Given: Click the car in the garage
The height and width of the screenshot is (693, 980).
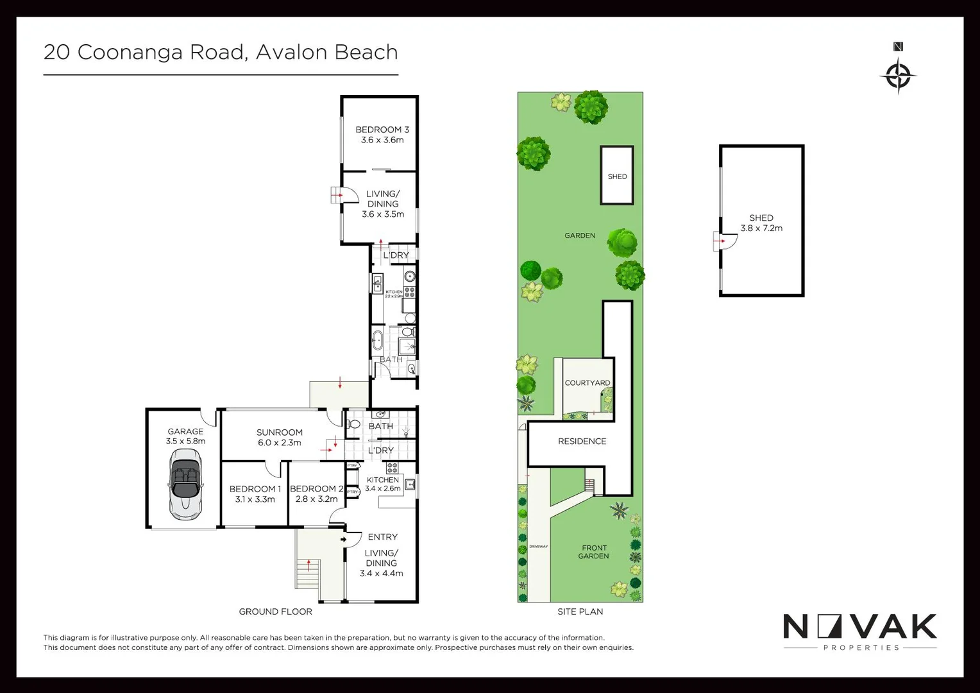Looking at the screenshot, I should (x=185, y=484).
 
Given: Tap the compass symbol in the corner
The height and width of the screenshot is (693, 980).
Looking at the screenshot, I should (x=898, y=76).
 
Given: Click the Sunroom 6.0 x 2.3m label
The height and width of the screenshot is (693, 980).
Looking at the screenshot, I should (x=279, y=438).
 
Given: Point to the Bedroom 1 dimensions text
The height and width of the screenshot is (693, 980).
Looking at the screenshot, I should (x=255, y=499).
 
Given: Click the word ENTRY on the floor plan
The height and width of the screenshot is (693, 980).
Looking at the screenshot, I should (x=382, y=537).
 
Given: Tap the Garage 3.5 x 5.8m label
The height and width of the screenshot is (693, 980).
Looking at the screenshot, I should (x=185, y=436).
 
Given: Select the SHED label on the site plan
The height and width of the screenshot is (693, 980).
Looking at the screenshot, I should (x=617, y=176).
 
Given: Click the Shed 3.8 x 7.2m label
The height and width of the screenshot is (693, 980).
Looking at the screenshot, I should (x=761, y=223).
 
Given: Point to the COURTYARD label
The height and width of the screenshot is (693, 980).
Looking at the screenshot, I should (x=587, y=383).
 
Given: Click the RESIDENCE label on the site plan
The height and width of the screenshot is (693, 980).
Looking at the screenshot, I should (x=582, y=441).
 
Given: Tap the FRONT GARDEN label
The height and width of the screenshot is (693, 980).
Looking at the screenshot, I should (x=593, y=552).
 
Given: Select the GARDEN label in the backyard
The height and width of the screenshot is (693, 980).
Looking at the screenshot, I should (x=580, y=235).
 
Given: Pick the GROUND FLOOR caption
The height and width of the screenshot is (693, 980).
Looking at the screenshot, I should (x=275, y=612).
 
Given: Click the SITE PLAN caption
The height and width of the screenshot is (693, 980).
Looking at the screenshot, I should (x=580, y=612).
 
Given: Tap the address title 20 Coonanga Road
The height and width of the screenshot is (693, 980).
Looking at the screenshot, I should (x=221, y=52).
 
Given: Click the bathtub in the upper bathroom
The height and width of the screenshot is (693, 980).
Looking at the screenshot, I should (x=378, y=341).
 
